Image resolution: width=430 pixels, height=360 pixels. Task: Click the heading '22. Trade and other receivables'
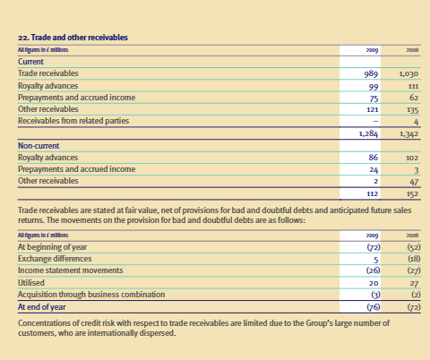[73, 38]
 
